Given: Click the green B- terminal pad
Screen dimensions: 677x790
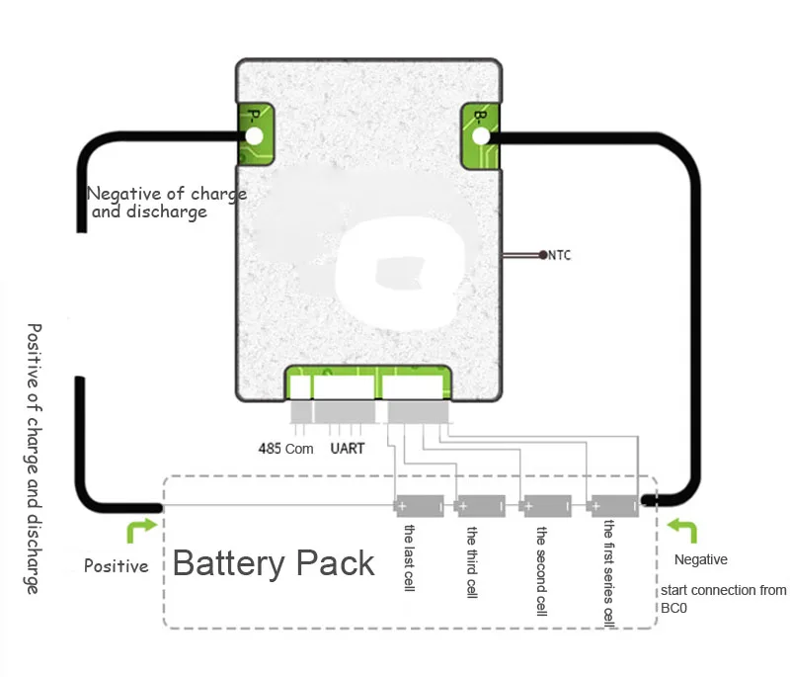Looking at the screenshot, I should [x=480, y=135].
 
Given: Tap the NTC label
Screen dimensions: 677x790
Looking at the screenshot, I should [x=559, y=256].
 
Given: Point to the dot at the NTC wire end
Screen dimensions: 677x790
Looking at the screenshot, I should [x=543, y=256].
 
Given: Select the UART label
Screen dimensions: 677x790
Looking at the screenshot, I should [x=348, y=449].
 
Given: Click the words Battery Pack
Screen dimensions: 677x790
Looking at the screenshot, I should [x=274, y=563].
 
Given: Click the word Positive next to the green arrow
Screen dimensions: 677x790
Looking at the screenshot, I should [x=117, y=566].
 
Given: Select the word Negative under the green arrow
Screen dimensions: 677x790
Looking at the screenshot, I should [x=700, y=560].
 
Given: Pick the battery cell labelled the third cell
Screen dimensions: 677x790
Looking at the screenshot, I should [x=481, y=507].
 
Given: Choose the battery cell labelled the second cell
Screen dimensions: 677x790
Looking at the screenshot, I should [x=545, y=507].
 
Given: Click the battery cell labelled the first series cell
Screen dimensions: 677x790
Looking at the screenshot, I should [x=612, y=507].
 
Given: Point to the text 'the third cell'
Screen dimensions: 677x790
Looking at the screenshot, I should [x=475, y=559].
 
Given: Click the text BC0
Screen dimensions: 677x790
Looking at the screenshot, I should [x=674, y=609].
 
